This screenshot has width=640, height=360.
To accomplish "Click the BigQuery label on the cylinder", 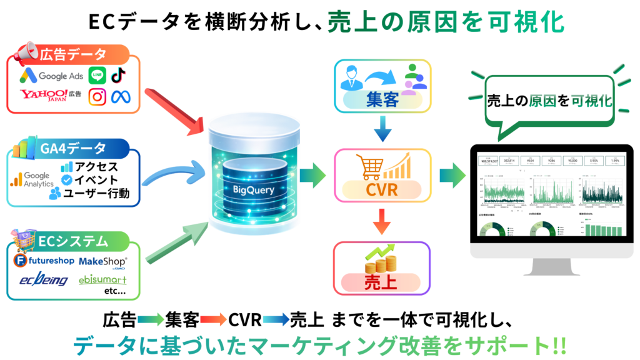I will tap(254, 188).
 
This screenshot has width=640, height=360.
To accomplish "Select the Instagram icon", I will tap(97, 96).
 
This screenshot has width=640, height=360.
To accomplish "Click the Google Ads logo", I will tap(51, 76).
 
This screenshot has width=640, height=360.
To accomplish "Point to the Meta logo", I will tap(119, 97).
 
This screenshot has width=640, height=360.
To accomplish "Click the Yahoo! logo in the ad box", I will tap(44, 95).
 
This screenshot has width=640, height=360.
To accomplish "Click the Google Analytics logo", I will tap(31, 179).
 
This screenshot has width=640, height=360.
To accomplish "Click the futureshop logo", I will tap(44, 260).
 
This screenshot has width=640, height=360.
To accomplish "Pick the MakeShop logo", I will tap(103, 261).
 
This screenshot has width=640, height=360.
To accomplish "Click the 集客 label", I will tap(383, 99).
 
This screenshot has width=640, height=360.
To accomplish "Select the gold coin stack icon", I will tap(382, 262).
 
